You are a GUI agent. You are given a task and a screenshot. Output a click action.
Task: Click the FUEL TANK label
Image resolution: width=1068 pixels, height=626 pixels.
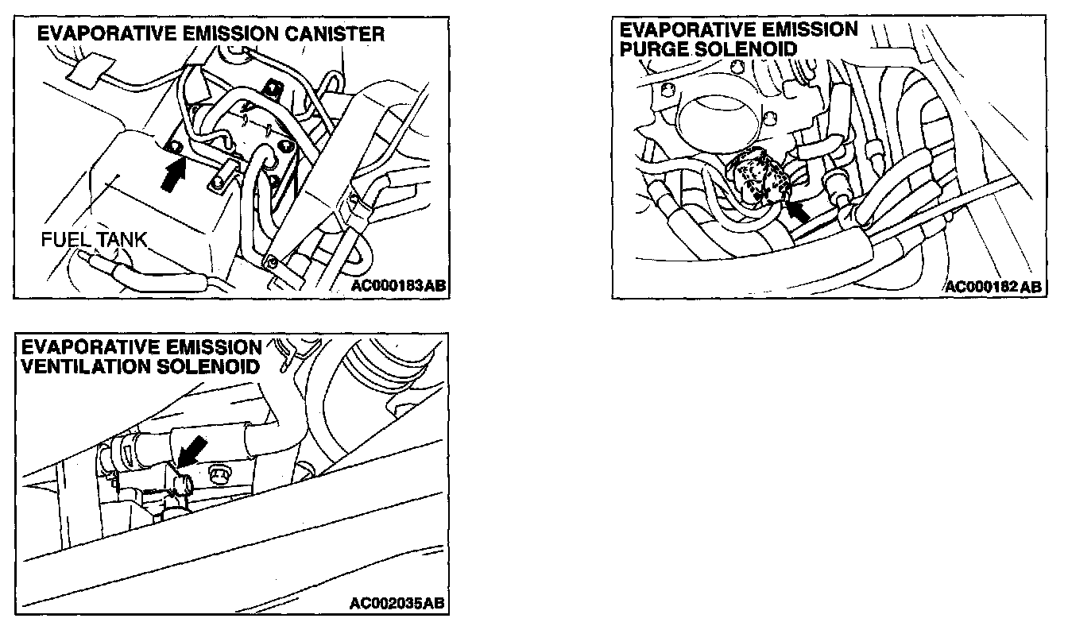95,239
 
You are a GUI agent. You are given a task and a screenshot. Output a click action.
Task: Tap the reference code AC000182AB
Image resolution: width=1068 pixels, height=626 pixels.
993,287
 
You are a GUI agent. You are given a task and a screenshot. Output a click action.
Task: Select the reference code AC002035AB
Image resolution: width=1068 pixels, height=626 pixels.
397,603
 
